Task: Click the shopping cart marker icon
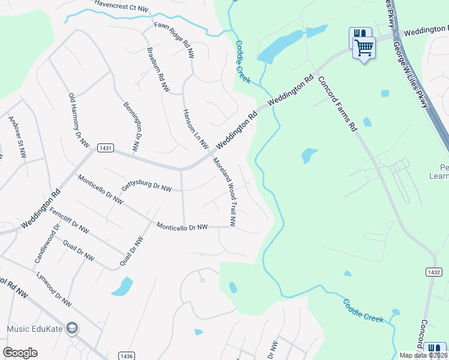364,47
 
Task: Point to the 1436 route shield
125,355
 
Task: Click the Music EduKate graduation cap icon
73,328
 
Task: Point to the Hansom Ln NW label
195,129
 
